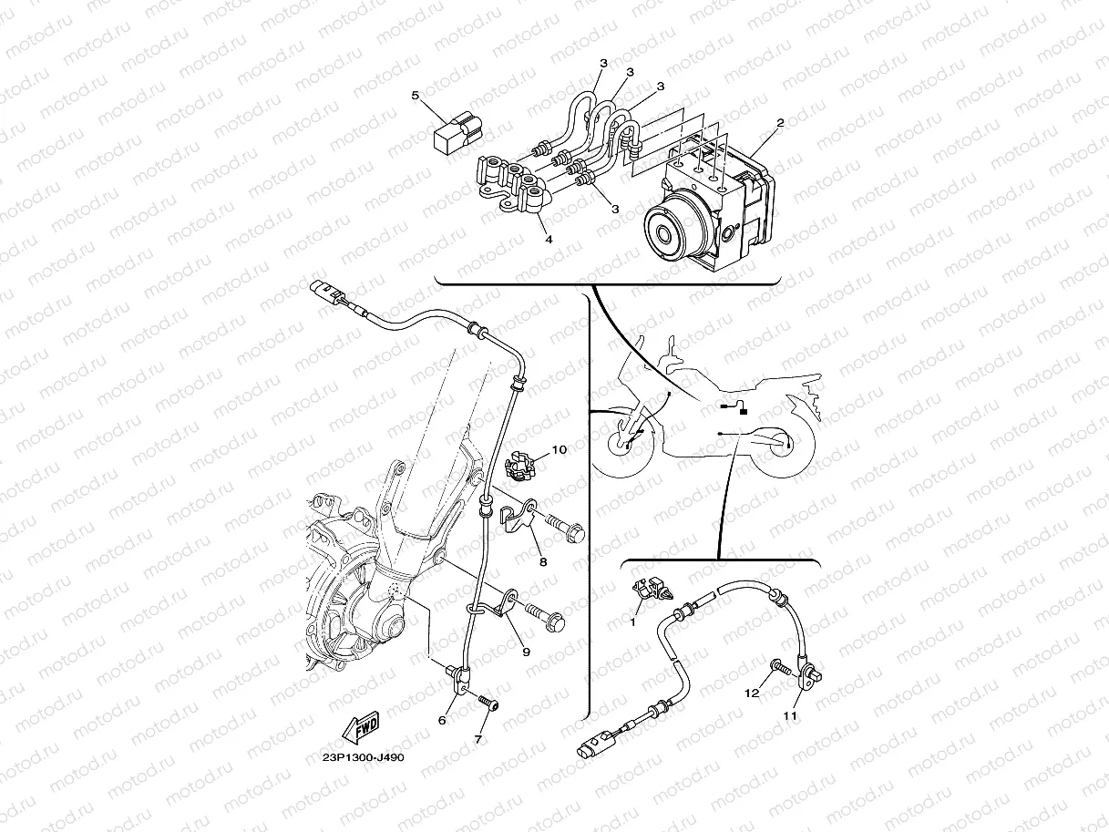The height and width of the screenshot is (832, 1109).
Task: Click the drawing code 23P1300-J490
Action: coord(364,758)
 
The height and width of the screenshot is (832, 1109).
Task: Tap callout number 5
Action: coord(416,96)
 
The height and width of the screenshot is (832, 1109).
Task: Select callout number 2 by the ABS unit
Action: coord(780,123)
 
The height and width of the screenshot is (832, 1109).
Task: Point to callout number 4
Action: coord(549,240)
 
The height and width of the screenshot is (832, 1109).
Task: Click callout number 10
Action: coord(560,449)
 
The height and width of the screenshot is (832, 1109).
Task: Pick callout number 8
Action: coord(543,561)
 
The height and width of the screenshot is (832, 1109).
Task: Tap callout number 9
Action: coord(526,652)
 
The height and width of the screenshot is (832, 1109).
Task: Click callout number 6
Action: coord(442,721)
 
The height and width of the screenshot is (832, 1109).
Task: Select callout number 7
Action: coord(478,740)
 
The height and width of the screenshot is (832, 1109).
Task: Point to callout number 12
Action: coord(752,693)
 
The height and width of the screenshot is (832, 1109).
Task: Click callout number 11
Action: coord(790,716)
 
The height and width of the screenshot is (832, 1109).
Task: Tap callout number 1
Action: coord(632,622)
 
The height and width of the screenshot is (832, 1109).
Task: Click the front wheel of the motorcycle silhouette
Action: coord(622,445)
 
